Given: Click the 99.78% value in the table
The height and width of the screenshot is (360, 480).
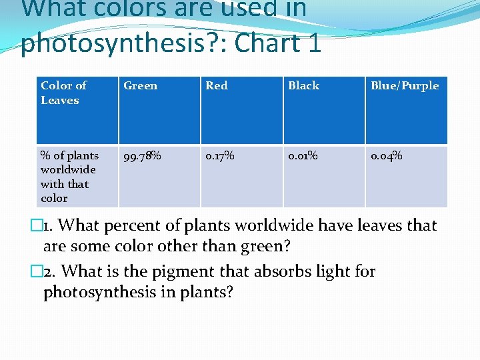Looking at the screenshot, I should tap(142, 156).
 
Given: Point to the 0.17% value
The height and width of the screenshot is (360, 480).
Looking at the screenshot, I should tap(219, 156).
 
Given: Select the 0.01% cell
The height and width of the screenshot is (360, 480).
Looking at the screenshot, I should tap(303, 156).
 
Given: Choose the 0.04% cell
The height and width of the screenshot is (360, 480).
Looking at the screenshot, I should tap(387, 156).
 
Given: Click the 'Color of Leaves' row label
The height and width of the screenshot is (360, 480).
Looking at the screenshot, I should tap(63, 93).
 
